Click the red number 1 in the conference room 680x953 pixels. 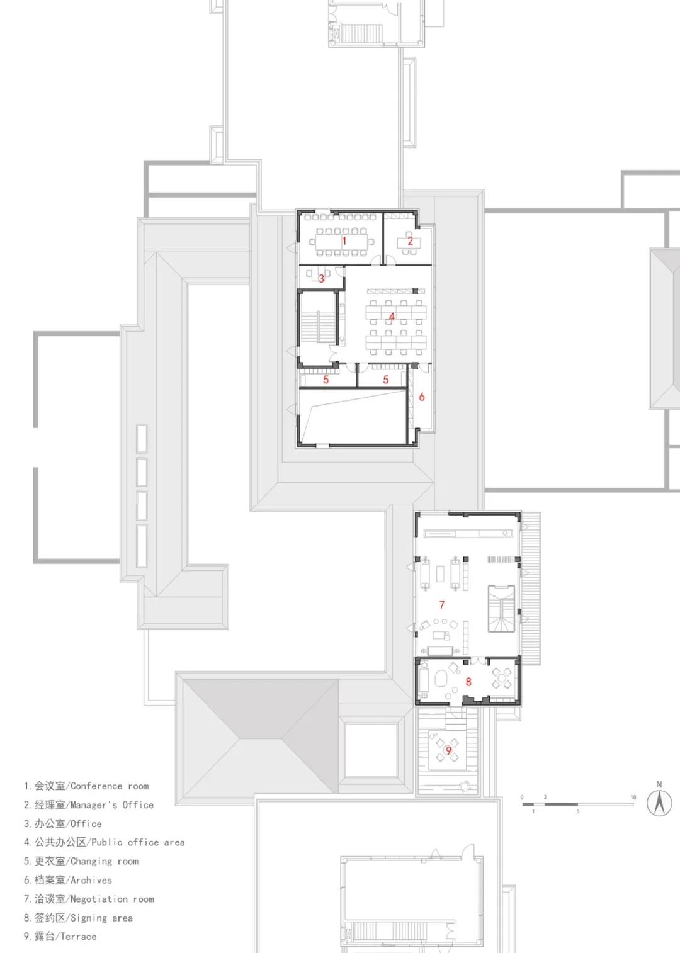(x=344, y=241)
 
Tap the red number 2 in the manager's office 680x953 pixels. (x=411, y=241)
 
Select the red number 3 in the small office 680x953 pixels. (x=321, y=279)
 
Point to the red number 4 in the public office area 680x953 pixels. (x=392, y=317)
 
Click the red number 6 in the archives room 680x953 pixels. (x=422, y=397)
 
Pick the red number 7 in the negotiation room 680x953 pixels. (x=442, y=604)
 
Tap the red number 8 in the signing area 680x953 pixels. (x=468, y=682)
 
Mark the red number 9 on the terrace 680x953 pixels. (x=448, y=751)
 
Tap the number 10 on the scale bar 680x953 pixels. (x=633, y=798)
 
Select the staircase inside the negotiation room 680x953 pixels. (x=502, y=609)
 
